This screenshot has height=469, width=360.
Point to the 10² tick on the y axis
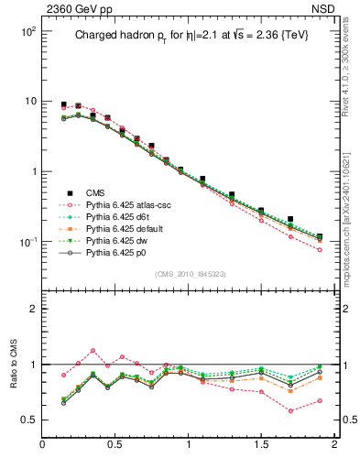click(x=27, y=31)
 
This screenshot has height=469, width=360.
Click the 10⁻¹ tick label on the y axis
click(x=27, y=242)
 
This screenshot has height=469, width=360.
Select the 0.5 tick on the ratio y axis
click(x=27, y=420)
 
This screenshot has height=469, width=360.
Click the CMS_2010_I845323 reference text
click(x=189, y=274)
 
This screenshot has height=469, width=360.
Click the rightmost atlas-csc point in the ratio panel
click(x=319, y=400)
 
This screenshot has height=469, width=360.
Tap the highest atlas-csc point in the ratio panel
click(x=93, y=350)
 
